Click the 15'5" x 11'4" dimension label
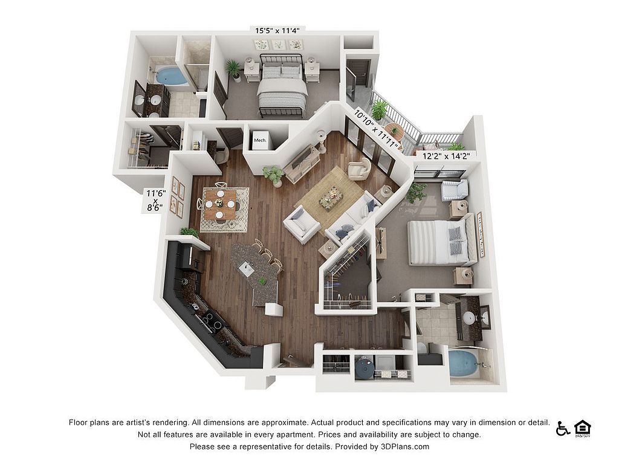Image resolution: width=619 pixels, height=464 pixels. click(x=277, y=31)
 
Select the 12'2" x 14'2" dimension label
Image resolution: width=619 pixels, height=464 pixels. click(x=446, y=156)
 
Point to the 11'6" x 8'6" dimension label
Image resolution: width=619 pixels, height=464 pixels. click(x=155, y=201)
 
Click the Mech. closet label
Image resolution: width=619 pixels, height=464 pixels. click(x=260, y=140)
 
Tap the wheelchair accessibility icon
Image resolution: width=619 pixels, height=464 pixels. click(x=563, y=428)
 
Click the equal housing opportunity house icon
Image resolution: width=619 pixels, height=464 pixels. click(x=582, y=429)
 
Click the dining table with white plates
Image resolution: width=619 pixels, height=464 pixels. click(x=220, y=204)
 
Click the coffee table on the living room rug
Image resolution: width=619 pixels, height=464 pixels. click(x=331, y=198)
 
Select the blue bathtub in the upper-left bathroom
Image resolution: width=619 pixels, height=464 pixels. click(x=171, y=76)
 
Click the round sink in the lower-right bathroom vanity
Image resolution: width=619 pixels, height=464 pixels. click(x=469, y=318)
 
